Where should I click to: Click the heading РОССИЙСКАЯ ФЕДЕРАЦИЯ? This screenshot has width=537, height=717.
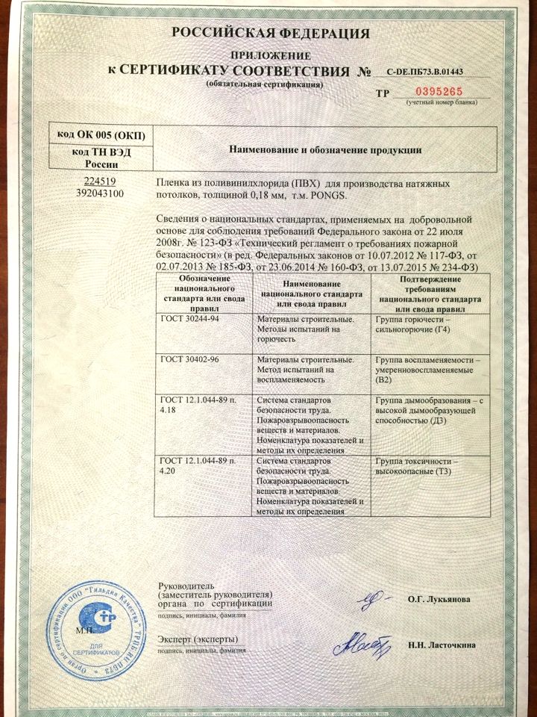[x=271, y=33]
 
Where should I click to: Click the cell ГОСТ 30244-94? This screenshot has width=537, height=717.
[x=186, y=318]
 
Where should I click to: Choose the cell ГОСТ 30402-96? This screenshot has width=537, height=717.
[x=186, y=359]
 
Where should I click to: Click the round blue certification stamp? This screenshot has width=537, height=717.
[x=98, y=624]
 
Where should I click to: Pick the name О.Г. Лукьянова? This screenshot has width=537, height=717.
[x=439, y=599]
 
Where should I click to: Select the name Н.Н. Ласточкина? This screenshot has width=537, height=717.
[x=442, y=645]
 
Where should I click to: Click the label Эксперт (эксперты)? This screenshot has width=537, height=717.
[x=198, y=639]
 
